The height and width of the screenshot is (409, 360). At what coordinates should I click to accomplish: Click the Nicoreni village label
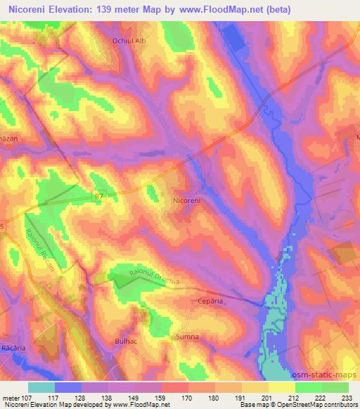pos(186,200)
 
